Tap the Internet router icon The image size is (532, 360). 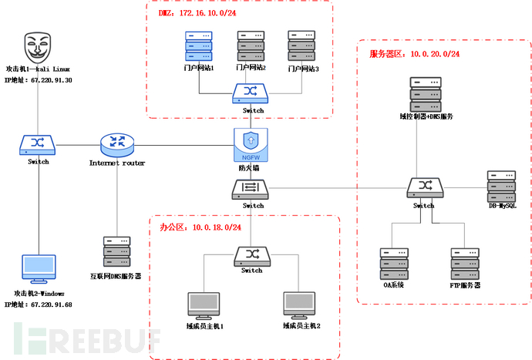pyautogui.click(x=116, y=143)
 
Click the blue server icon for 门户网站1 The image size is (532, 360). pyautogui.click(x=198, y=46)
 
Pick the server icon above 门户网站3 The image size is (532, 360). pyautogui.click(x=302, y=46)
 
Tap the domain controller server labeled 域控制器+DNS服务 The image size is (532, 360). pyautogui.click(x=426, y=94)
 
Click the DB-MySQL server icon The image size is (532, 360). pyautogui.click(x=501, y=185)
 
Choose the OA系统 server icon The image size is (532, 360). pyautogui.click(x=392, y=263)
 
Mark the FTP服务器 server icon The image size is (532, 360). pyautogui.click(x=465, y=263)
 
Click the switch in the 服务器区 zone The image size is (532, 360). pyautogui.click(x=423, y=186)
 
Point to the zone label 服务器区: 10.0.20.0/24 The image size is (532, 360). pyautogui.click(x=415, y=54)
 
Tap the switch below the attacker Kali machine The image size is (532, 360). pyautogui.click(x=37, y=143)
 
